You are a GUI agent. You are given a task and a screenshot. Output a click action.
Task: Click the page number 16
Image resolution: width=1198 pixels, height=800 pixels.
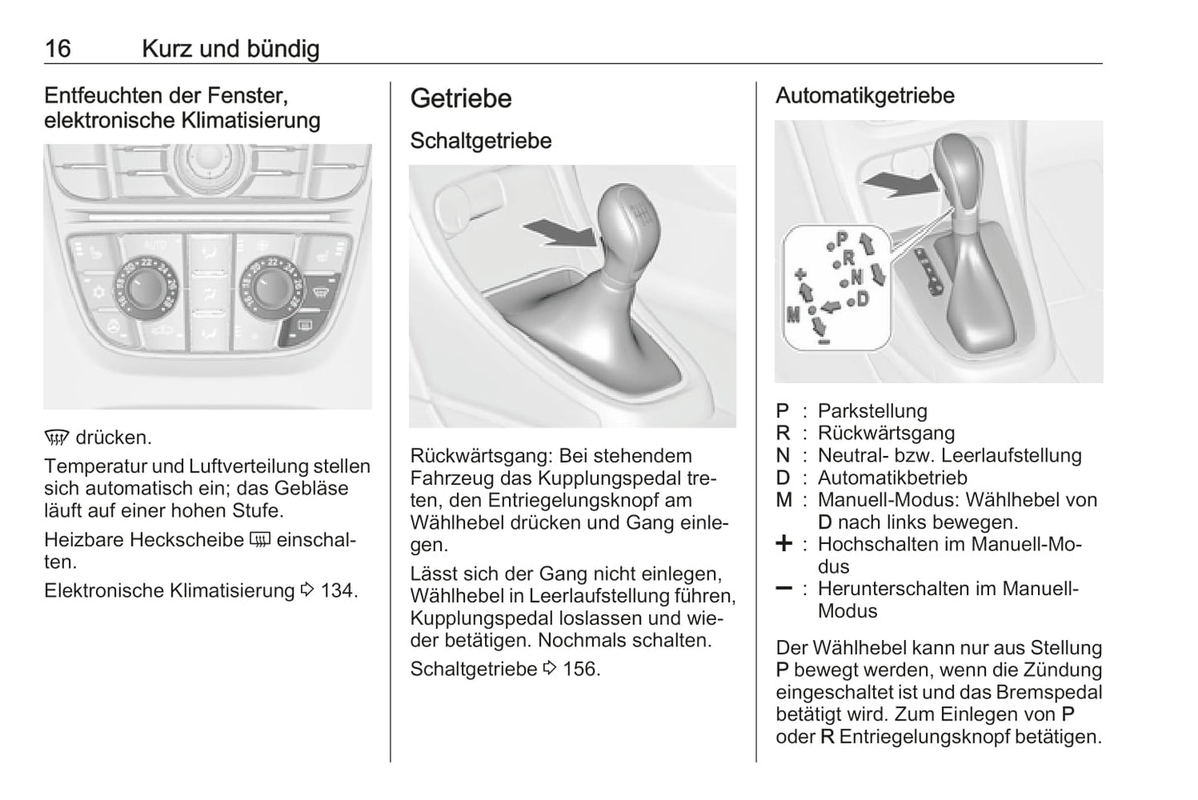pyautogui.click(x=58, y=49)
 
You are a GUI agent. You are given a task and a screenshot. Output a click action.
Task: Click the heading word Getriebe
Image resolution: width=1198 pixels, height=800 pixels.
pyautogui.click(x=460, y=99)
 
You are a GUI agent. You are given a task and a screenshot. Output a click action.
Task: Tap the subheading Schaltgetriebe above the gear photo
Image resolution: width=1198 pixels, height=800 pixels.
pyautogui.click(x=481, y=141)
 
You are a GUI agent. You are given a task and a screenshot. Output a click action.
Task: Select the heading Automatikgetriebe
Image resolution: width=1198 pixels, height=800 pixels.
pyautogui.click(x=865, y=95)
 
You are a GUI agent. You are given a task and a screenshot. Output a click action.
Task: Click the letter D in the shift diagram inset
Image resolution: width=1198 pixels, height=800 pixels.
pyautogui.click(x=863, y=298)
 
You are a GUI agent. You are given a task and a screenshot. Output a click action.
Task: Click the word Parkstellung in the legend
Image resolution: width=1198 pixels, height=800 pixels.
pyautogui.click(x=872, y=411)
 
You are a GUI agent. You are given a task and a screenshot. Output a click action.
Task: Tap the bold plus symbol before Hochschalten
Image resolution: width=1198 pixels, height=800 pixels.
pyautogui.click(x=783, y=545)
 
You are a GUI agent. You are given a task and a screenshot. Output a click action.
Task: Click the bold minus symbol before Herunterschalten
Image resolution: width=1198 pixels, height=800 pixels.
pyautogui.click(x=783, y=589)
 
